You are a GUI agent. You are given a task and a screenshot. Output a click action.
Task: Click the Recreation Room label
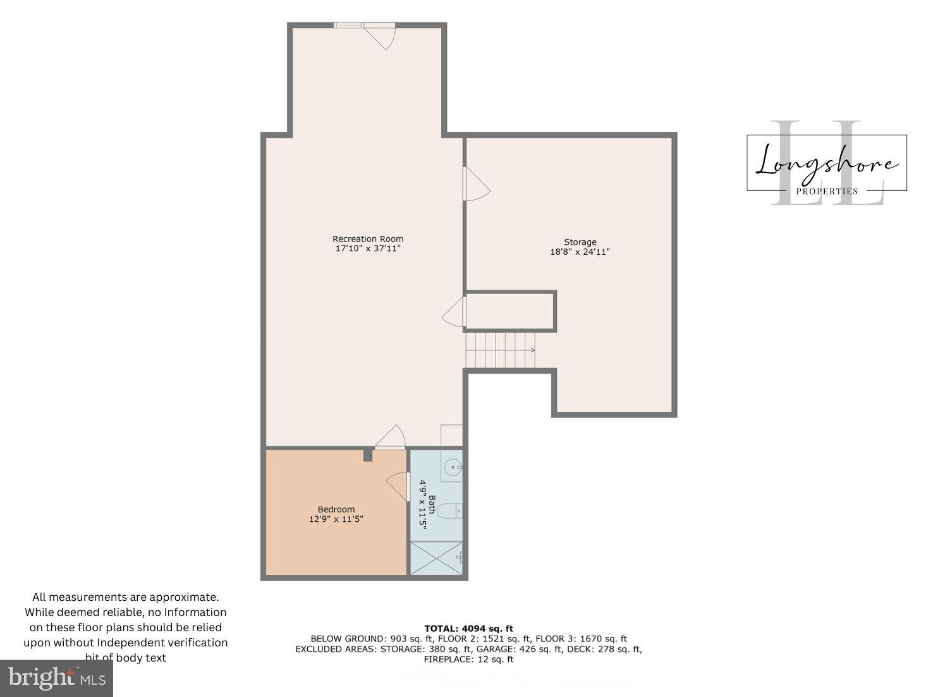click(368, 239)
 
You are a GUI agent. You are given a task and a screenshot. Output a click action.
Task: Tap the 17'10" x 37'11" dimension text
click(368, 249)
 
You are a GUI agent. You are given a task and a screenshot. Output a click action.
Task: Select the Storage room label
click(580, 242)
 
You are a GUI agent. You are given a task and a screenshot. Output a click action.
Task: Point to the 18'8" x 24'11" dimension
click(580, 252)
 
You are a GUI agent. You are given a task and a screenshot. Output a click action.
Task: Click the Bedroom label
click(336, 510)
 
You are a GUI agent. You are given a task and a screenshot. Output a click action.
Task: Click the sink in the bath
click(453, 468)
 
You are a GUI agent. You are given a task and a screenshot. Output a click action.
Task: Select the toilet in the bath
click(450, 510)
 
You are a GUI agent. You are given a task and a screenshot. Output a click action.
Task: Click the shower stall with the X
click(436, 558)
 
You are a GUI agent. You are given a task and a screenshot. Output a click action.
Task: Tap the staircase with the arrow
click(501, 350)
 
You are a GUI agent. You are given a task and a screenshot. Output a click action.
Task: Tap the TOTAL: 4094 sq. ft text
click(468, 629)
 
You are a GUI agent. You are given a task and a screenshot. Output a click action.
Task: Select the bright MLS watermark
click(56, 678)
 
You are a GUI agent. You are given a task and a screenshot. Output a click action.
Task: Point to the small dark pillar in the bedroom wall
click(368, 455)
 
